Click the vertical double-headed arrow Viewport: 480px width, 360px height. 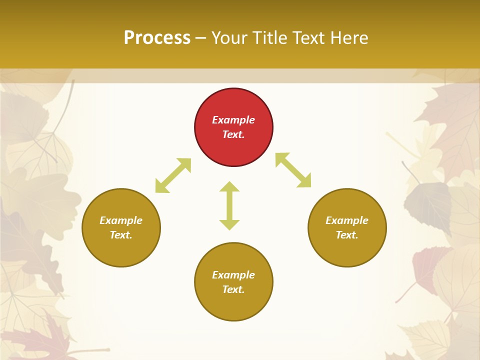pos(229,205)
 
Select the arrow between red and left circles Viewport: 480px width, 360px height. pos(173,175)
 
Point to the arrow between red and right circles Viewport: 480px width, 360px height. pos(293,170)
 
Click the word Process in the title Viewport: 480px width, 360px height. pos(157,37)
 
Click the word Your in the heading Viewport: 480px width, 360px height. pos(229,37)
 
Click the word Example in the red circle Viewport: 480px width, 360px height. pos(233,120)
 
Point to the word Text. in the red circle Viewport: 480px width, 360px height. pos(233,134)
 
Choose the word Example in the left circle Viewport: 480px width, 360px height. pos(121,220)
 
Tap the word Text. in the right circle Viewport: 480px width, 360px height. pos(347,235)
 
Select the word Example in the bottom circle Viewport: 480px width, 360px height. pos(233,275)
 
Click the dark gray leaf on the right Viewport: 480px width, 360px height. pos(428,202)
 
